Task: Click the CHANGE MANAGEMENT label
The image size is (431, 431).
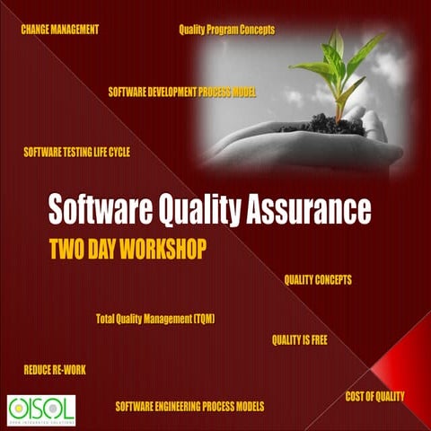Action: pos(59,30)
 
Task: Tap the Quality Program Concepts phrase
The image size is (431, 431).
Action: pos(226,30)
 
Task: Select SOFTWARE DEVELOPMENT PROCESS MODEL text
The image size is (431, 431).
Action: pos(182,92)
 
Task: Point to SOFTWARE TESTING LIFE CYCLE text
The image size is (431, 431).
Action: pos(77,153)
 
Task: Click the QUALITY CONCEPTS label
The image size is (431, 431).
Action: pos(318,280)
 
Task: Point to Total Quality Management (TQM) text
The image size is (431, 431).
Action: pos(155,319)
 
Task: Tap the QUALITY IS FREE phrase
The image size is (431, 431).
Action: pos(299,340)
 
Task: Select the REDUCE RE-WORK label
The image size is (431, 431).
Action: pos(55,370)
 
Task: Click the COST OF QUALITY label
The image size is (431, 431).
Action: pos(374,396)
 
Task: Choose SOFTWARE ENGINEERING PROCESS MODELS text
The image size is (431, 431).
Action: pos(189,407)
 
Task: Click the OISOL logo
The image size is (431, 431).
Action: pos(40,409)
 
